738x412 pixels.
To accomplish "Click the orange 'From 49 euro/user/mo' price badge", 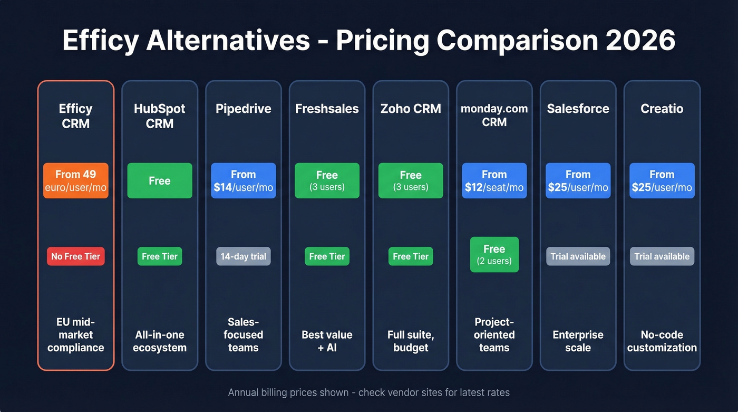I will [x=75, y=180].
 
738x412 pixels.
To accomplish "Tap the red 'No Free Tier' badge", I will [x=75, y=256].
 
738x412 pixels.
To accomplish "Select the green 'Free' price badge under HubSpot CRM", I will [x=159, y=180].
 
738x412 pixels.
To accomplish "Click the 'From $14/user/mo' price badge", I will [x=243, y=180].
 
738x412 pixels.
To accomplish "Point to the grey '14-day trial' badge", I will [x=243, y=256].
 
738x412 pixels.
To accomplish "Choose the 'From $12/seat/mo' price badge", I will [x=494, y=180].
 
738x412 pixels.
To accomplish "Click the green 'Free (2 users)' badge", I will [x=494, y=254].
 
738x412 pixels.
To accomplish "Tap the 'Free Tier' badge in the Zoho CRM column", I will [x=411, y=256].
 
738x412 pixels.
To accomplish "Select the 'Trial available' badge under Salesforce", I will [x=578, y=256].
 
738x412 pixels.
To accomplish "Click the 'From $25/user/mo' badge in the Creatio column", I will [x=662, y=180].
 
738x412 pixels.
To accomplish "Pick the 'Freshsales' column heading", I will [x=327, y=109].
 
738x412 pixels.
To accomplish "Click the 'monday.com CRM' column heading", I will [x=494, y=116].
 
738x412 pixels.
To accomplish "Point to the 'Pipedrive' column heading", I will [x=243, y=109].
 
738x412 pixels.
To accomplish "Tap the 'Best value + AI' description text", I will [x=327, y=341].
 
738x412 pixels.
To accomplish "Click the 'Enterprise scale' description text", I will [x=578, y=341].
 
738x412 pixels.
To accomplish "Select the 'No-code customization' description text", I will [x=662, y=341].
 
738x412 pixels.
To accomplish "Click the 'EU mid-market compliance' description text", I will [x=75, y=334].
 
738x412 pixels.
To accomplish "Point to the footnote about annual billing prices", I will [x=368, y=392].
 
